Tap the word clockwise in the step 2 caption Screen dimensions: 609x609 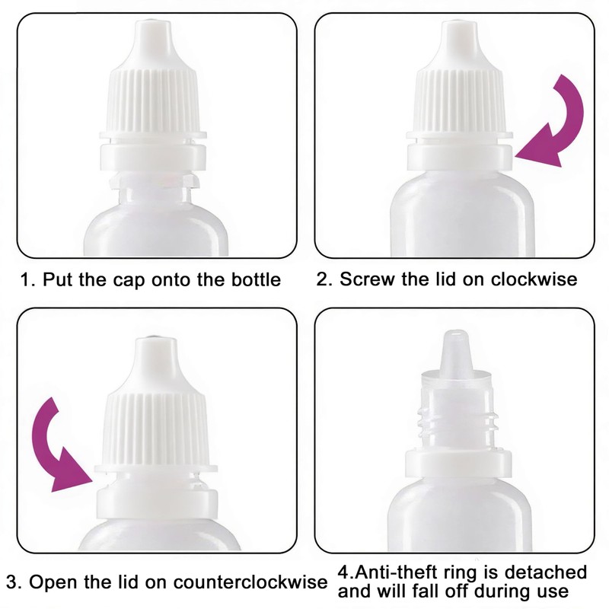(x=534, y=279)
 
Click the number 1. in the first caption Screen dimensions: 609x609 (x=28, y=279)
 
